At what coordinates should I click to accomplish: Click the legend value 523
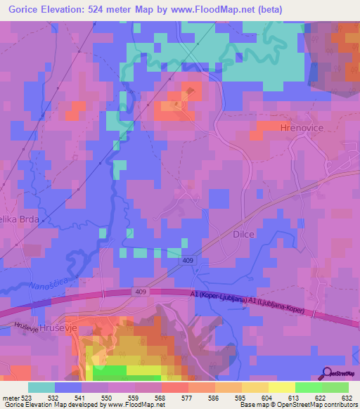(x=27, y=396)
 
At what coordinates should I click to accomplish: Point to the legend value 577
(x=188, y=396)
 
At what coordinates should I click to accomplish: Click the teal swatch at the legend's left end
(x=41, y=387)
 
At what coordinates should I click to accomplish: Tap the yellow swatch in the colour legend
(x=281, y=387)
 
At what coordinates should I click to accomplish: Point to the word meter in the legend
(x=9, y=396)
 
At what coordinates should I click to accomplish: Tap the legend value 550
(x=108, y=396)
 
